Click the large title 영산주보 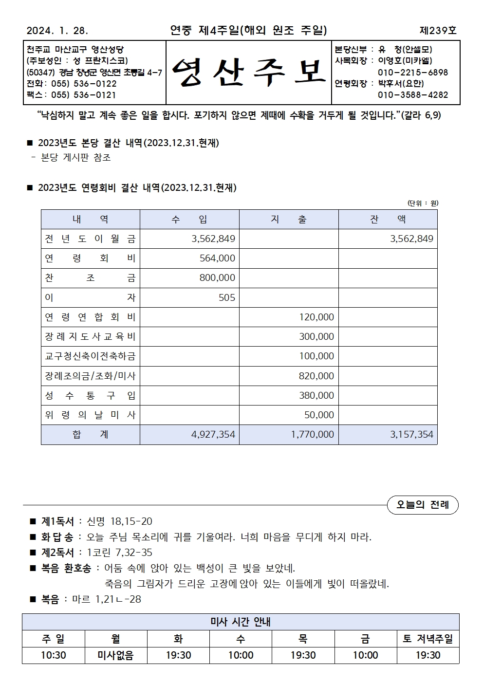pyautogui.click(x=248, y=73)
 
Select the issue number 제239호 pyautogui.click(x=438, y=31)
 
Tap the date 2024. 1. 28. pyautogui.click(x=57, y=31)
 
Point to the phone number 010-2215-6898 pyautogui.click(x=413, y=73)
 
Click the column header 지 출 pyautogui.click(x=289, y=220)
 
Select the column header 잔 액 pyautogui.click(x=388, y=220)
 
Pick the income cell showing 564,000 pyautogui.click(x=217, y=258)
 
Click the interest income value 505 pyautogui.click(x=227, y=297)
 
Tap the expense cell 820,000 pyautogui.click(x=316, y=376)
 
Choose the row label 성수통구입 pyautogui.click(x=91, y=396)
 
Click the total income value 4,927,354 pyautogui.click(x=213, y=435)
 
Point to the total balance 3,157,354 pyautogui.click(x=411, y=435)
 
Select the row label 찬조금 pyautogui.click(x=91, y=278)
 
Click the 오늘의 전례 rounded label pyautogui.click(x=423, y=505)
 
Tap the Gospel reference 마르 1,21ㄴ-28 pyautogui.click(x=107, y=599)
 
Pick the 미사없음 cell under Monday pyautogui.click(x=116, y=655)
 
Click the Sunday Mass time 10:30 pyautogui.click(x=54, y=655)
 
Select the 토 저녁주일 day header pyautogui.click(x=428, y=639)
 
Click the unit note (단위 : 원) pyautogui.click(x=423, y=203)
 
